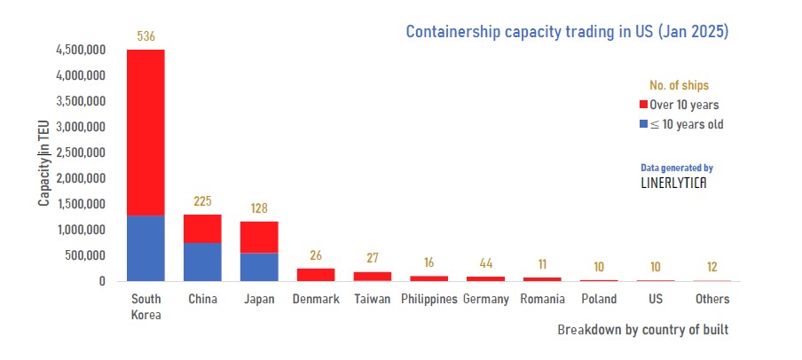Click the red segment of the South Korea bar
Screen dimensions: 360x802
pos(145,133)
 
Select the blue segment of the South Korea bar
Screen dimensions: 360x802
pos(145,248)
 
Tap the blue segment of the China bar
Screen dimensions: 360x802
pos(202,262)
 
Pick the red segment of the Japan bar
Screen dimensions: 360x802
pos(259,237)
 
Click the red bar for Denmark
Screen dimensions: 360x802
pos(316,275)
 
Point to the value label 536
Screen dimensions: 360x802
pos(145,36)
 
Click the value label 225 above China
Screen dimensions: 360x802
pos(202,201)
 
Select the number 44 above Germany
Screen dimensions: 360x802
pos(486,263)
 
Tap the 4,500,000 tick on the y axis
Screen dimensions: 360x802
pos(81,51)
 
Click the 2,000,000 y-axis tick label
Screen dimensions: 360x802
pos(81,179)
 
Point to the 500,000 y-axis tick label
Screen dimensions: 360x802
pos(87,256)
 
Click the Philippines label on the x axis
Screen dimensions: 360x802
pos(429,300)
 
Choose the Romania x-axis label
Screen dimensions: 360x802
pos(542,300)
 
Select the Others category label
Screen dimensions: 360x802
pos(712,300)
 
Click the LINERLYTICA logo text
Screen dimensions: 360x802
pos(674,184)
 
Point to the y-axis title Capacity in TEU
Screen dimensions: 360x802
pos(43,166)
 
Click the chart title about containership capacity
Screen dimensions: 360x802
pos(567,32)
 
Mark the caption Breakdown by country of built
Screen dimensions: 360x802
pos(642,330)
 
